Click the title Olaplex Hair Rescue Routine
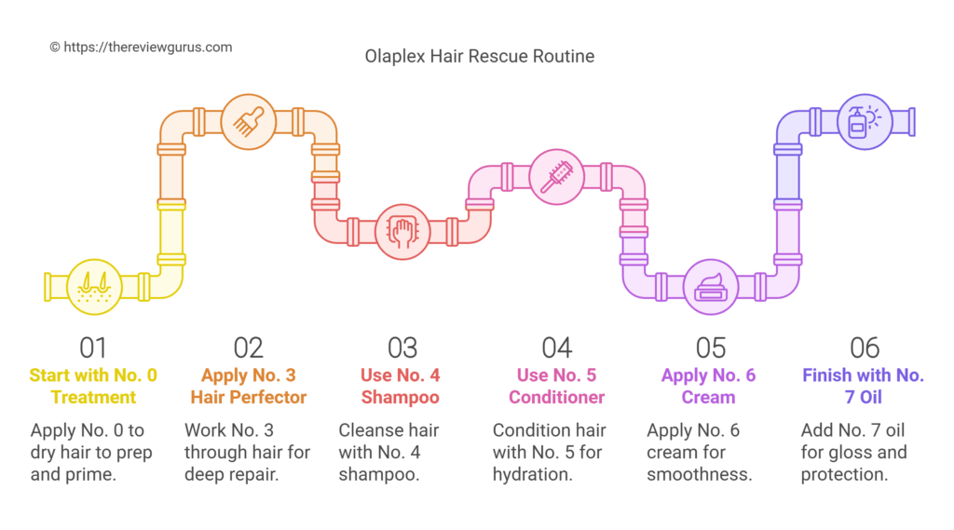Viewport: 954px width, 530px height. click(x=478, y=57)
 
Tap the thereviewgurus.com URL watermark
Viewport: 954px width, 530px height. click(x=141, y=47)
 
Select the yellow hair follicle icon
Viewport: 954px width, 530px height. click(x=93, y=283)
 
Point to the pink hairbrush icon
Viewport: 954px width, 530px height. click(x=556, y=176)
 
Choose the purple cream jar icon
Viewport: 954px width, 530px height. click(x=711, y=284)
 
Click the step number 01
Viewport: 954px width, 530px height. click(x=93, y=348)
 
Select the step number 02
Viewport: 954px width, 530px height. click(x=248, y=348)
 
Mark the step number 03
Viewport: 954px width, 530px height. click(x=402, y=348)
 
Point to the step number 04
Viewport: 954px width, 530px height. click(x=556, y=348)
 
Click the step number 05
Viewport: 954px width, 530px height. click(x=711, y=348)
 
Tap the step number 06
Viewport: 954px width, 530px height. click(x=865, y=348)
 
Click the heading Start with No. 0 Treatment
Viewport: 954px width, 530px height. click(x=93, y=387)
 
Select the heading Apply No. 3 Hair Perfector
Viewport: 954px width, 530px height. click(x=248, y=387)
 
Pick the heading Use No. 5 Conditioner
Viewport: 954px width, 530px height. click(x=556, y=387)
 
